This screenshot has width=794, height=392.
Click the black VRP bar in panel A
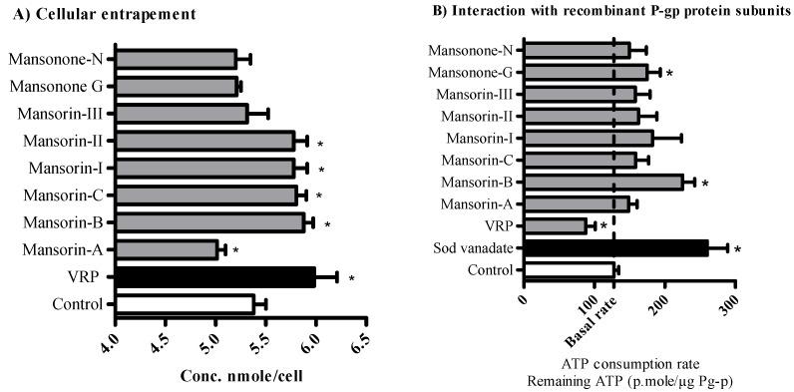pos(215,277)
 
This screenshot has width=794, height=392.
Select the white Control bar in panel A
pos(185,304)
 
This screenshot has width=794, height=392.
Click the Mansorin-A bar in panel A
pos(166,249)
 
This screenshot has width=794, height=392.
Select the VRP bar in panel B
pos(555,226)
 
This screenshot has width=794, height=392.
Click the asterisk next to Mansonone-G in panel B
pos(669,73)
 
